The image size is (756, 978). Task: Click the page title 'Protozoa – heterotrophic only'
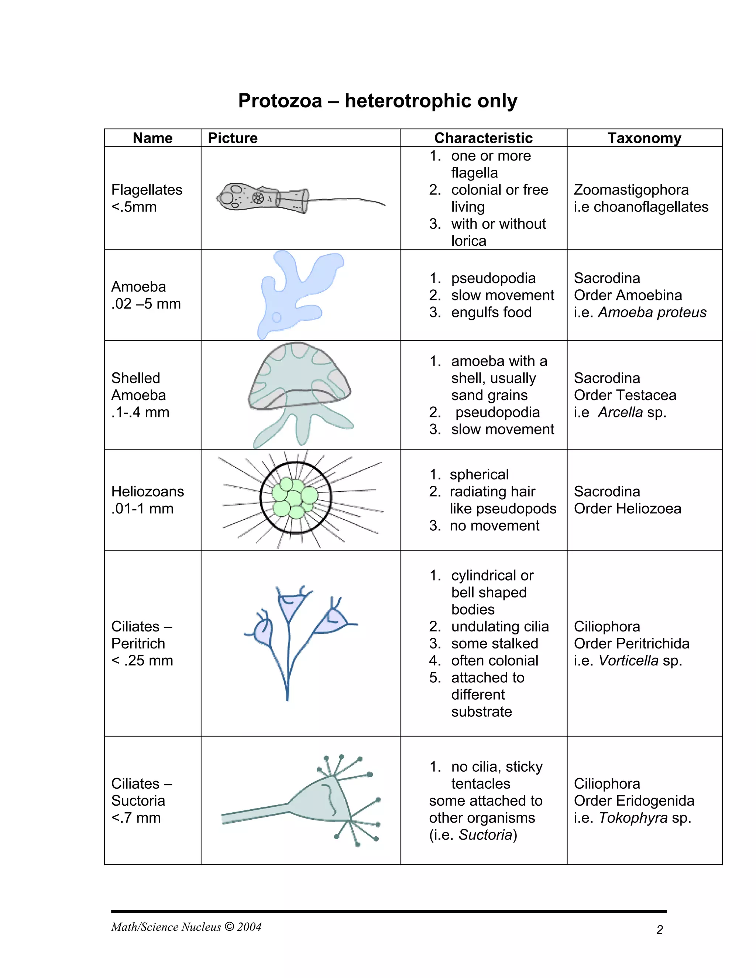[x=378, y=101]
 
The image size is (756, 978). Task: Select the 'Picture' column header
[x=233, y=138]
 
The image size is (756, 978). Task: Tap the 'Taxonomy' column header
[x=644, y=138]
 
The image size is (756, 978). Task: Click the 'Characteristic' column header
[x=483, y=138]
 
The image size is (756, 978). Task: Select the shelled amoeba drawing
[x=299, y=390]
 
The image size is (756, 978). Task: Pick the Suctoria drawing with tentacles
[x=323, y=802]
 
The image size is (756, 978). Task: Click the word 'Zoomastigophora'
[x=631, y=190]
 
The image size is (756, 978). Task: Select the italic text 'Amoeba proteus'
[x=652, y=312]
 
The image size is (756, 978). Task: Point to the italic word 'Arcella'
[x=620, y=412]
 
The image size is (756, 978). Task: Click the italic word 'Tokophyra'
[x=633, y=818]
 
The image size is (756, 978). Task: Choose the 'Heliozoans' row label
[x=147, y=491]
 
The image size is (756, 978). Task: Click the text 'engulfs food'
[x=491, y=312]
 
